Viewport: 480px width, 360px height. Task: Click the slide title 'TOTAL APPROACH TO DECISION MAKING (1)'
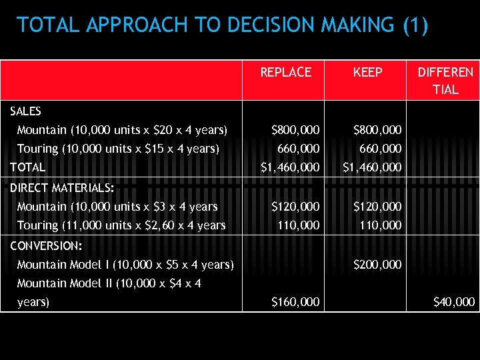(223, 25)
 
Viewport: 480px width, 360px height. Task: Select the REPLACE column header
(285, 72)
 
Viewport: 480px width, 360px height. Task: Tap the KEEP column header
(367, 72)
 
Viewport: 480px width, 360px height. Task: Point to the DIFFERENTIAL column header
(445, 80)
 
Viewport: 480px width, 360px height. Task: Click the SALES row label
(26, 111)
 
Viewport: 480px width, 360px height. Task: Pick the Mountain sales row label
(122, 129)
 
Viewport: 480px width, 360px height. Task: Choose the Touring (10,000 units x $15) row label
(118, 148)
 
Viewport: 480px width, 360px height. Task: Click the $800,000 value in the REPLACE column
(295, 129)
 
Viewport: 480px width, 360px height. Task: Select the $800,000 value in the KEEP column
(377, 129)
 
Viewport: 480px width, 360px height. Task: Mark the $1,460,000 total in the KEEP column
(371, 167)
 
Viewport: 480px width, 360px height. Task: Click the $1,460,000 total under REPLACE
(289, 167)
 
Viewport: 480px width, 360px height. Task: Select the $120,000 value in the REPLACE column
(295, 207)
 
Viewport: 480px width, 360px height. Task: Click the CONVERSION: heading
(46, 245)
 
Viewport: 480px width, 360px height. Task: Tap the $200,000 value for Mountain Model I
(377, 265)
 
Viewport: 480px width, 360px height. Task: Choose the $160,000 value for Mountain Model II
(295, 302)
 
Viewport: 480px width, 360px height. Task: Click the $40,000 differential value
(453, 302)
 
